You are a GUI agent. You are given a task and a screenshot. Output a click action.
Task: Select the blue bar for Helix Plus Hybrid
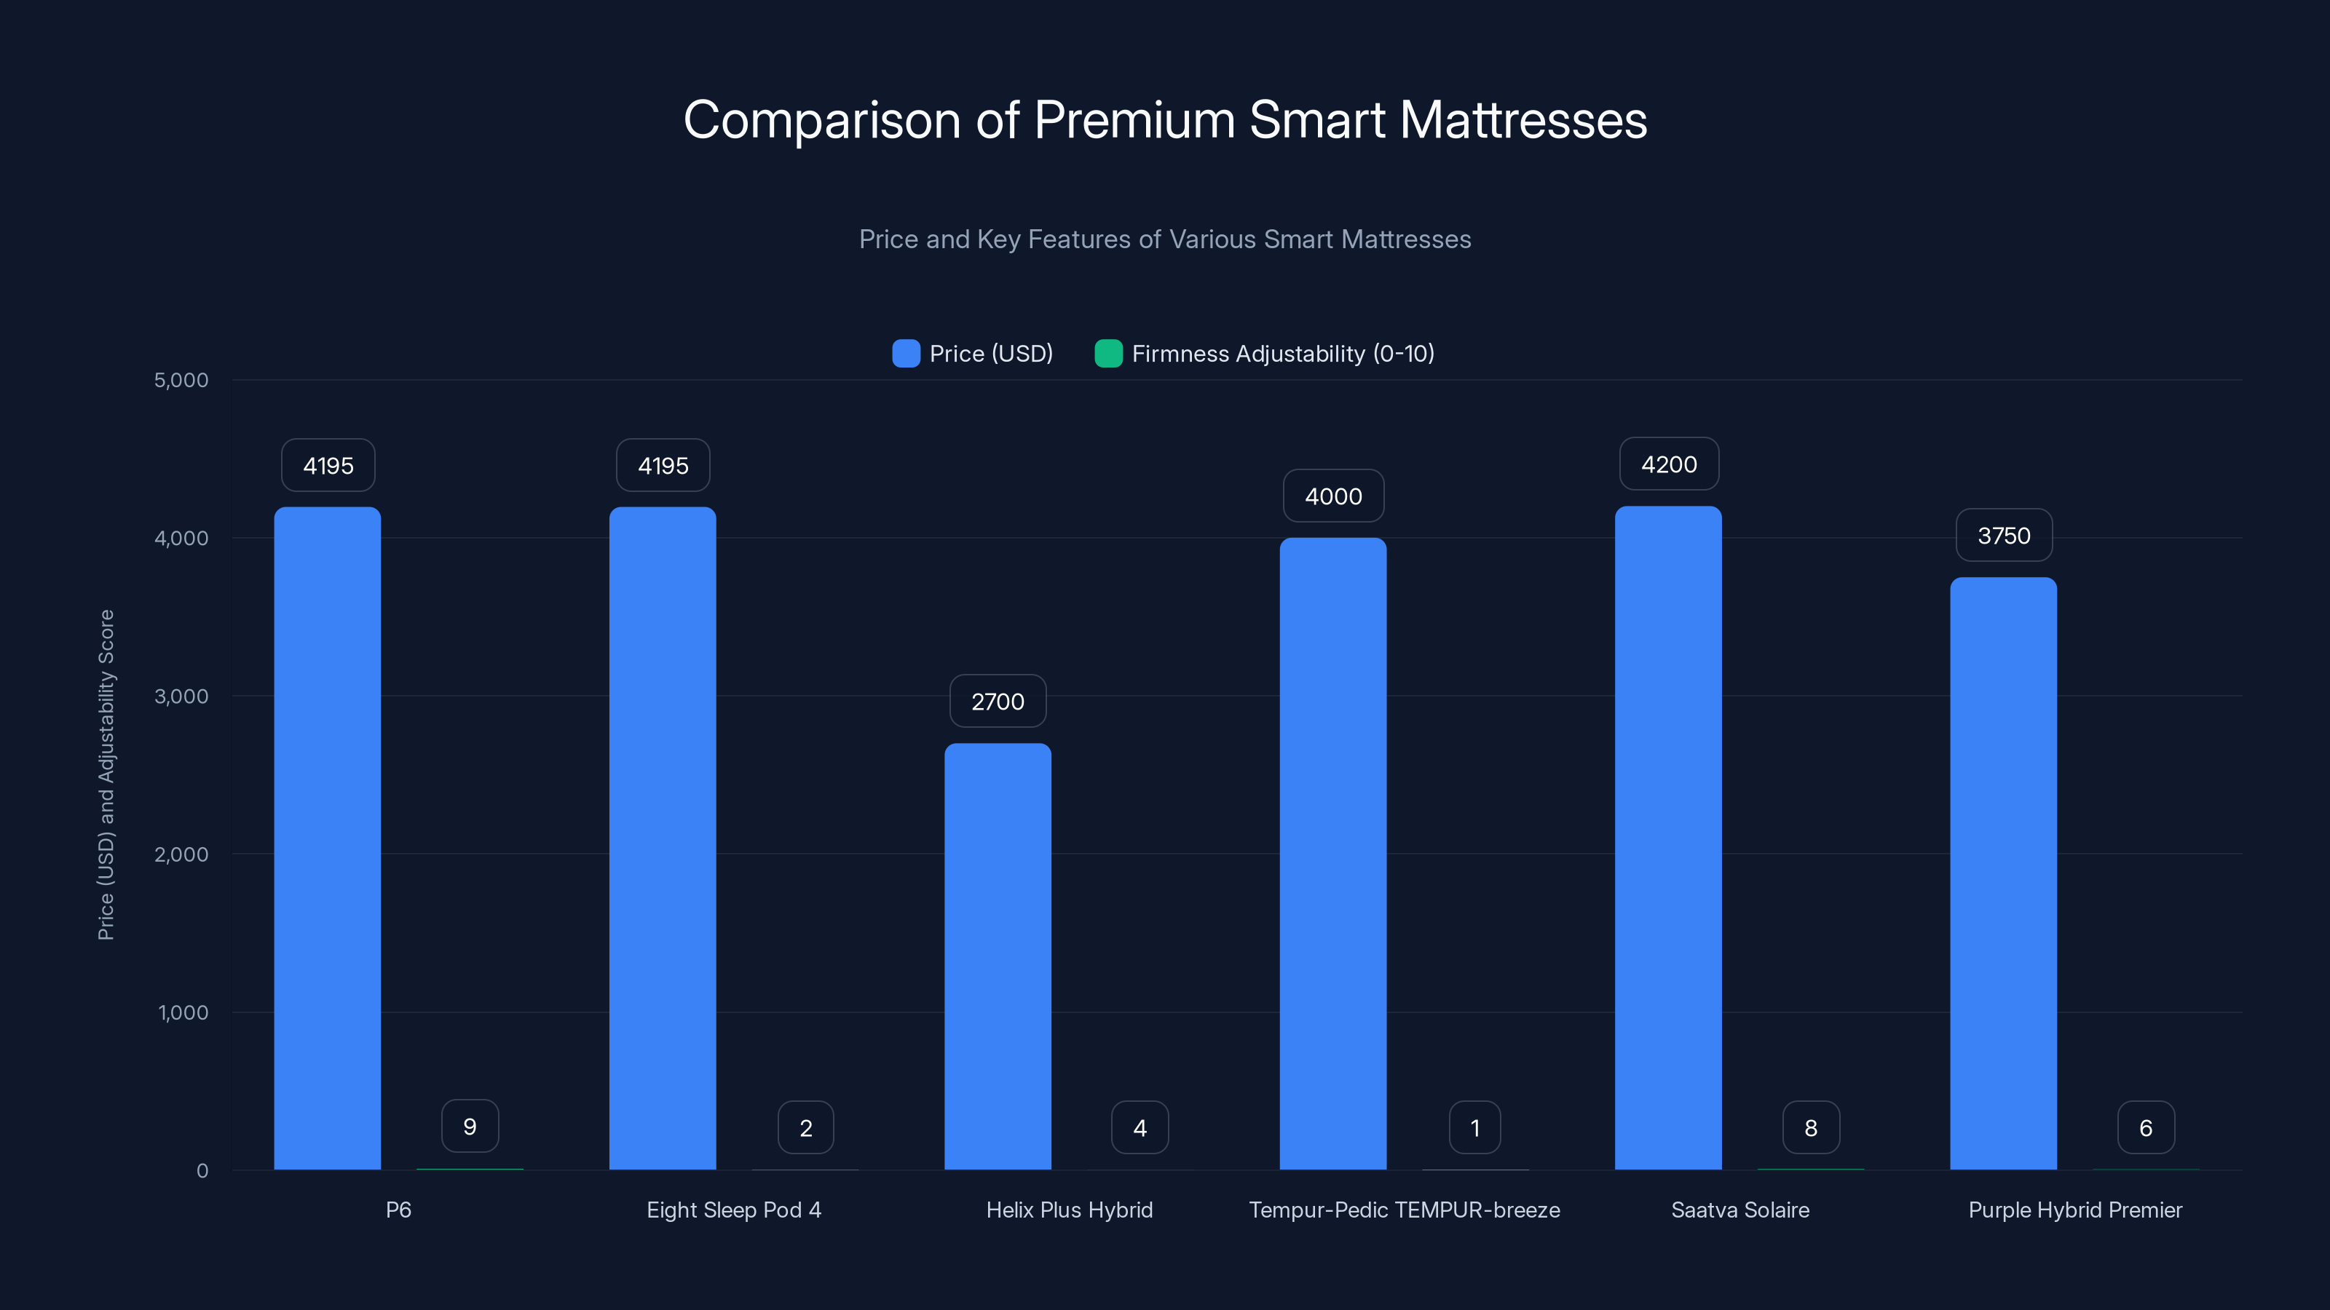[998, 956]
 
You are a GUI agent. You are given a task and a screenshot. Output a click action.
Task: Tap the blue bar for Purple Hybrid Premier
[2004, 873]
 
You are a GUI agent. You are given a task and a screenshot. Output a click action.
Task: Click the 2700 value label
[998, 701]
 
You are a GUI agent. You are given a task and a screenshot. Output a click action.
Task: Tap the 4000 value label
[1333, 496]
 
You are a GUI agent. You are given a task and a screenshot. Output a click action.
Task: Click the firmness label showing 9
[470, 1127]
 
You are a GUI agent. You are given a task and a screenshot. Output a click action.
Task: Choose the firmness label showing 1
[1474, 1127]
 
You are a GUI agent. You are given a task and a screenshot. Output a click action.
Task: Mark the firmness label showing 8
[1810, 1127]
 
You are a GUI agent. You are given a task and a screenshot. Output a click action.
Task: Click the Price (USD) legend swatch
[905, 354]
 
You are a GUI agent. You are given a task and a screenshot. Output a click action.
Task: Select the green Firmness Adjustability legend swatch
[1108, 354]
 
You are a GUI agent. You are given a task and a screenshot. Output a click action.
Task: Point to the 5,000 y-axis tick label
[181, 380]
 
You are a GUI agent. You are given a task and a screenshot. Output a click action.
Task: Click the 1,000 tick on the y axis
[183, 1012]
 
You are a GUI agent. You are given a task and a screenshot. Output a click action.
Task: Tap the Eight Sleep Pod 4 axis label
[733, 1210]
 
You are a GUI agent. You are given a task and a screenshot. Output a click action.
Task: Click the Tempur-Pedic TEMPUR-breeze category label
[1404, 1210]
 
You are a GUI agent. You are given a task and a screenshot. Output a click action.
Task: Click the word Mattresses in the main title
[1523, 119]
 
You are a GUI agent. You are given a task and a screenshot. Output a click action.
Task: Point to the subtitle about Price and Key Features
[1164, 239]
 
